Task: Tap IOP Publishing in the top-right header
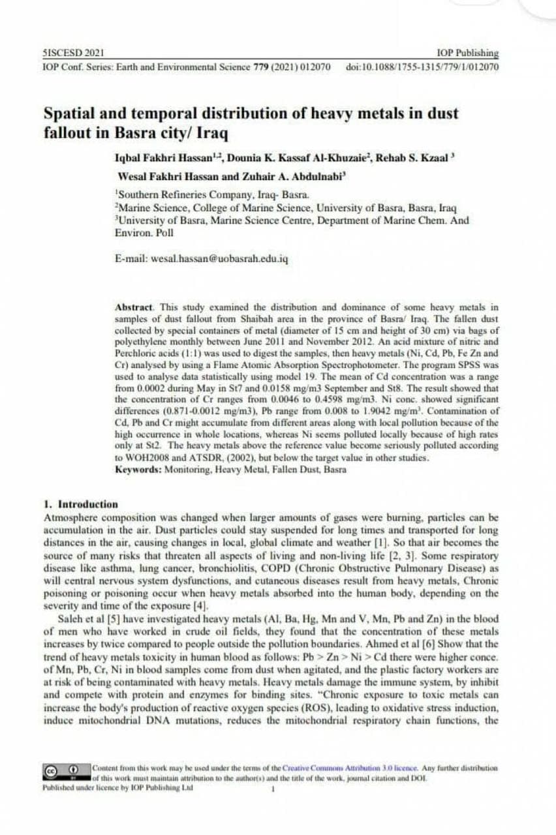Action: [x=469, y=53]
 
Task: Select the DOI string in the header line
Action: [x=422, y=67]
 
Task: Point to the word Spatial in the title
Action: [x=71, y=113]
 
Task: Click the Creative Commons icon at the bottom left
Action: [x=50, y=770]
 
